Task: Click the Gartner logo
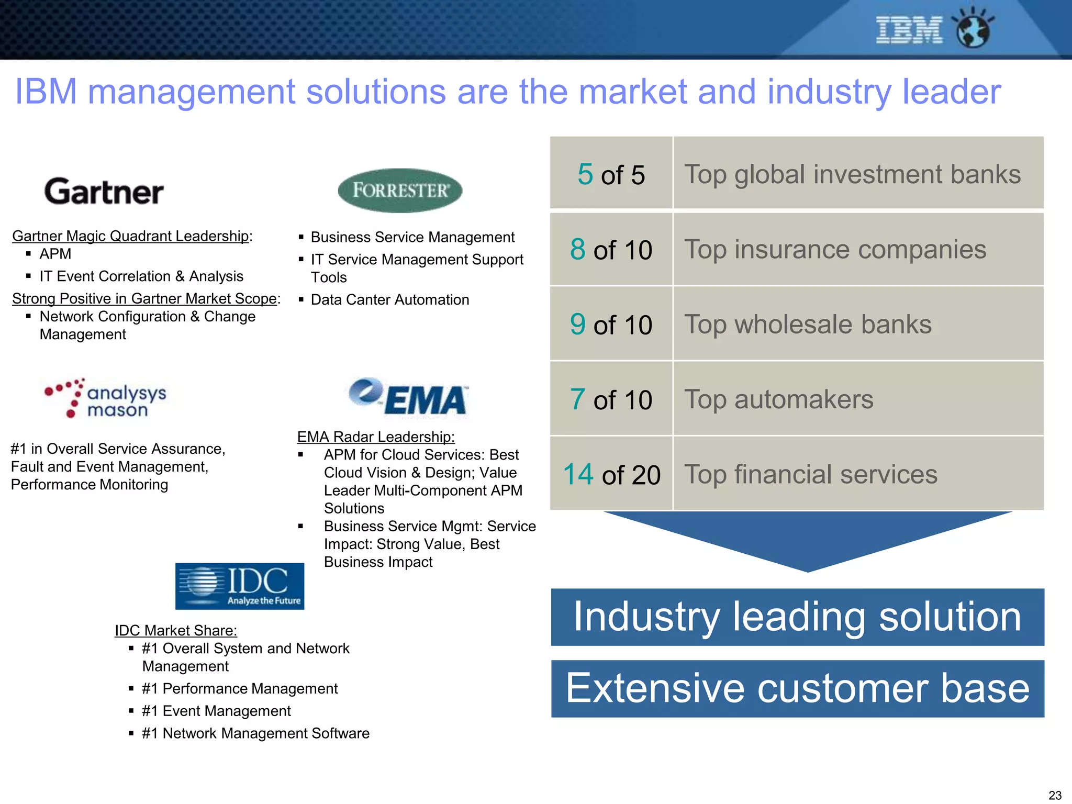coord(104,192)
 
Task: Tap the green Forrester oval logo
coord(400,191)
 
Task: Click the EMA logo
coord(409,398)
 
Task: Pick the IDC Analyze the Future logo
coord(240,586)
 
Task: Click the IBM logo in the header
coord(909,30)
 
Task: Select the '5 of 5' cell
coord(611,174)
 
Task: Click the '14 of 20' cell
coord(611,474)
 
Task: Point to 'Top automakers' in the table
coord(779,399)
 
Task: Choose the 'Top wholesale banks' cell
coord(808,325)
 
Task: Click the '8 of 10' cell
coord(611,250)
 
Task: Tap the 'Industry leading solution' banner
coord(797,617)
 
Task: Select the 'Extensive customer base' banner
coord(797,688)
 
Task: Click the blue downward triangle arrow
coord(808,539)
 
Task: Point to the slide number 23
coord(1055,795)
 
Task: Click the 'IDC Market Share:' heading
coord(176,630)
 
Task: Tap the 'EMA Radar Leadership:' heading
coord(376,437)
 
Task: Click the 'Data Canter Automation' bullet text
coord(390,300)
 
